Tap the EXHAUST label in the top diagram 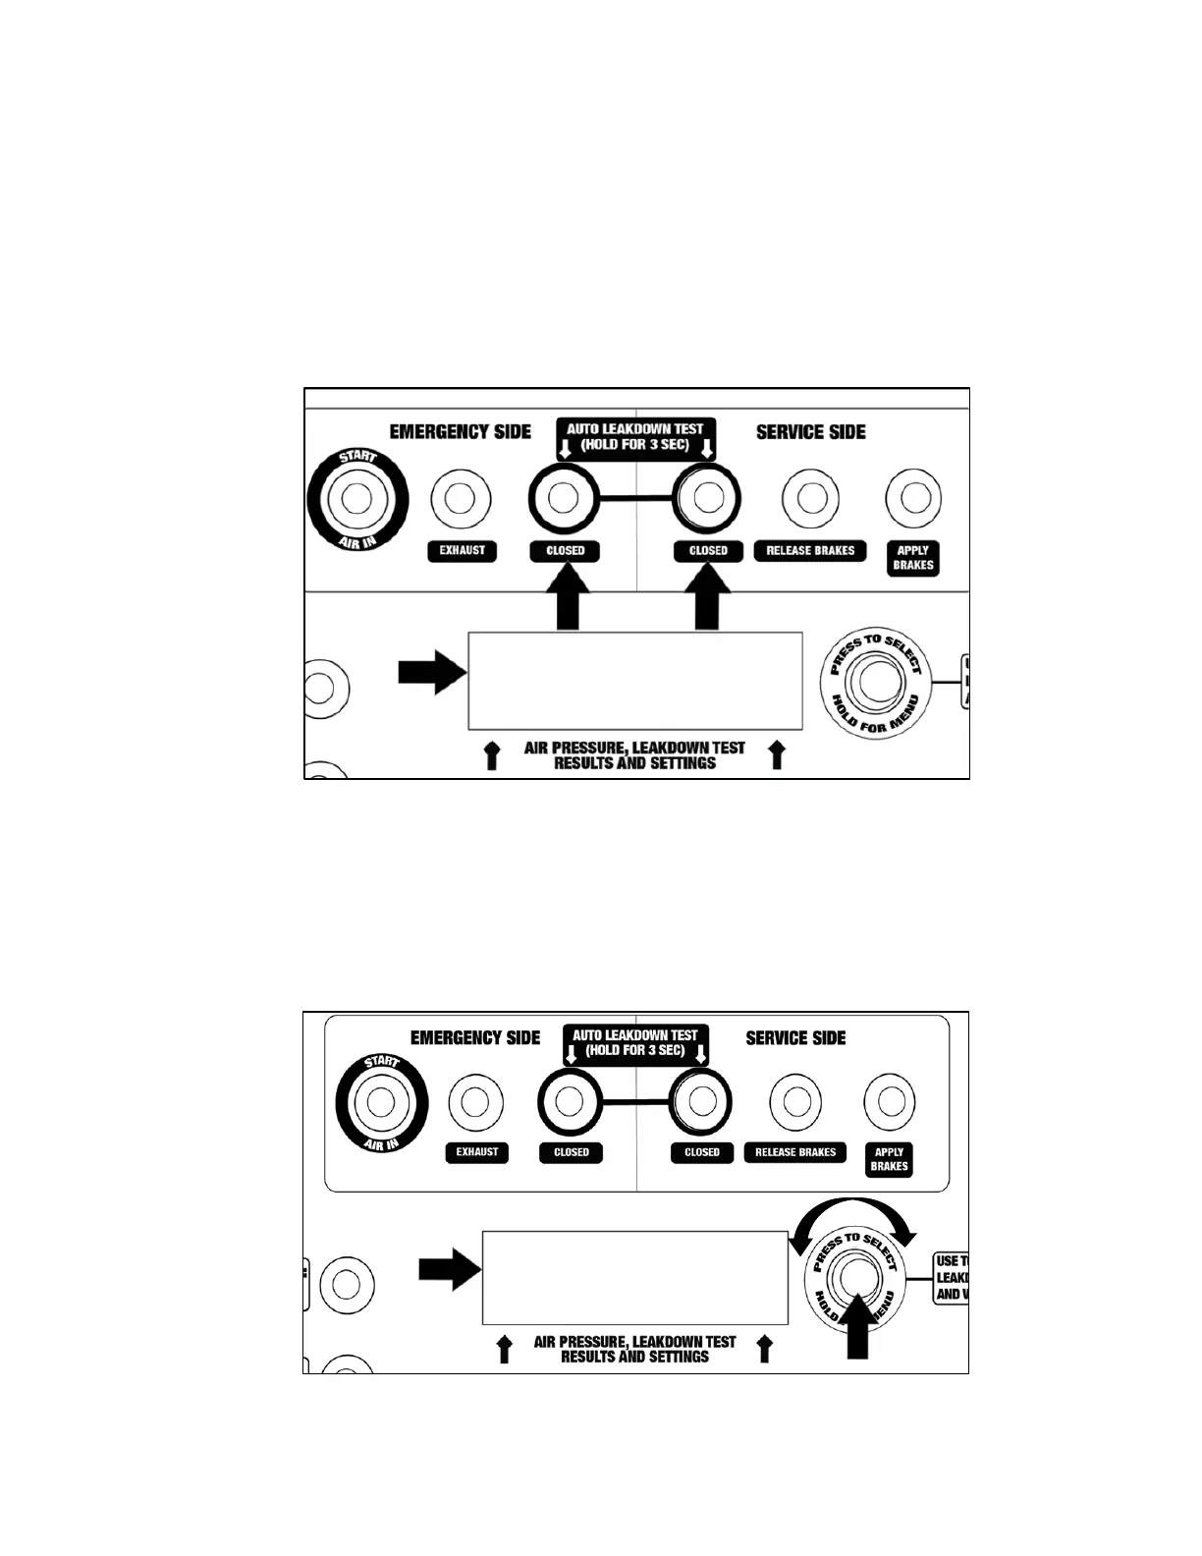pos(463,551)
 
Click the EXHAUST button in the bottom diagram pos(476,1101)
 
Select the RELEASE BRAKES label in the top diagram pos(810,551)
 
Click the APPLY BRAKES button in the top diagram pos(913,498)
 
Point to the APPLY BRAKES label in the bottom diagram pos(889,1159)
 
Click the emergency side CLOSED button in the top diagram pos(563,498)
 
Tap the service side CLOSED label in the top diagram pos(708,551)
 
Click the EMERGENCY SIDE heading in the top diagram pos(460,432)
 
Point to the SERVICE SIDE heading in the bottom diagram pos(795,1038)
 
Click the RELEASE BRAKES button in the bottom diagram pos(795,1101)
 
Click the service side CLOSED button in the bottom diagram pos(701,1101)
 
